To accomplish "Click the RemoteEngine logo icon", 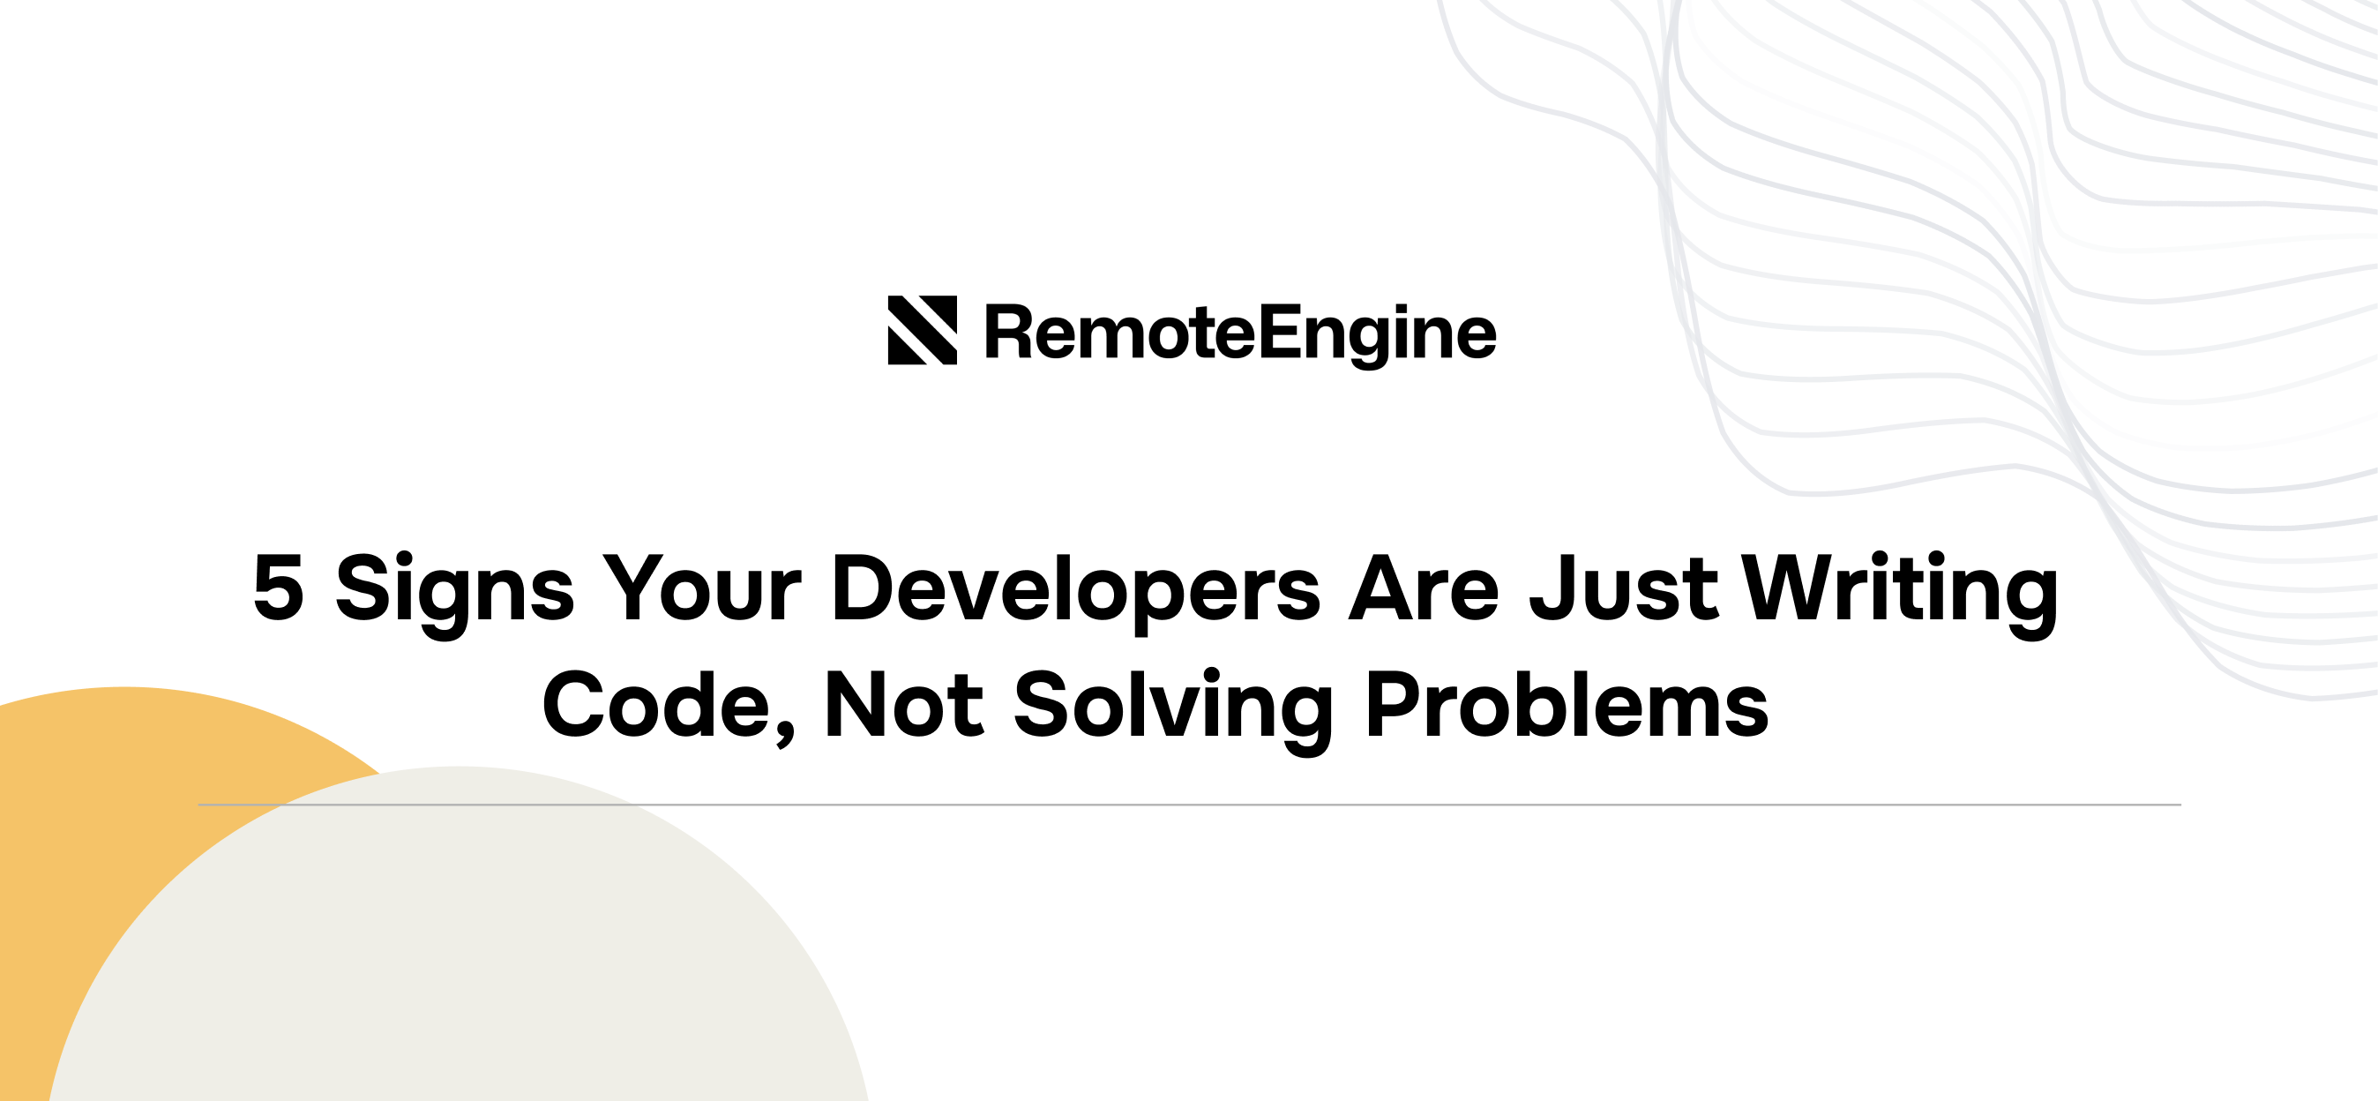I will (921, 331).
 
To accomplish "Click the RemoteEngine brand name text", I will (1240, 333).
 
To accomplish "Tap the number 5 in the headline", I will (278, 588).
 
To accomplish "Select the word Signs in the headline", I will (454, 591).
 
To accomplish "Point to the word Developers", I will (1075, 591).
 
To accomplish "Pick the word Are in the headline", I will (1424, 588).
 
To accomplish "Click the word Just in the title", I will (1624, 588).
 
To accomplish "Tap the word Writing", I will (1900, 591).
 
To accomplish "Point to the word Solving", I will (1173, 708).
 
